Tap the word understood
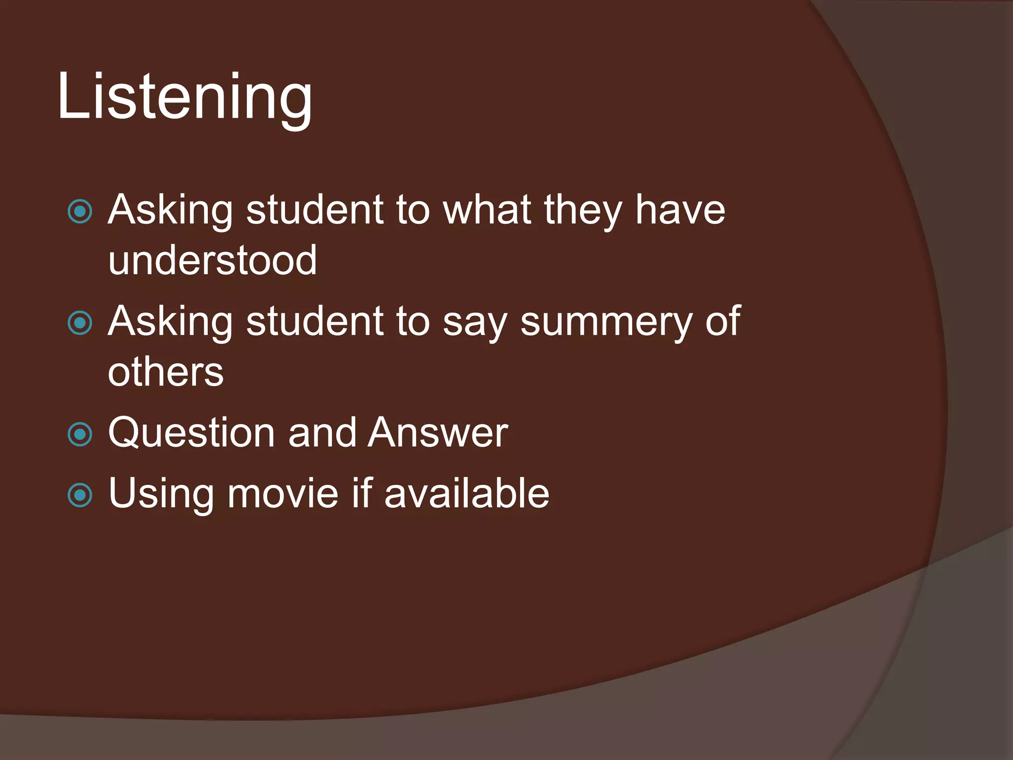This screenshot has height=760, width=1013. pos(212,261)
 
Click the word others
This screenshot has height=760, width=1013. pos(166,372)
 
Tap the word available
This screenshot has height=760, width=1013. pos(466,493)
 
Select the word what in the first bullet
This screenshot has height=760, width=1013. pos(487,210)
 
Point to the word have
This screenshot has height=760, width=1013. pos(680,210)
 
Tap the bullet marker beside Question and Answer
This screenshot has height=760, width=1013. pos(80,434)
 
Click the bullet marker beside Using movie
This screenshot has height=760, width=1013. pos(80,495)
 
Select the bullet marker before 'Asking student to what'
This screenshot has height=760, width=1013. pos(80,212)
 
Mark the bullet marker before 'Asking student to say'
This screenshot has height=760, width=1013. pos(80,324)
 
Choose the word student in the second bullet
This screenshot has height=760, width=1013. pos(314,322)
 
